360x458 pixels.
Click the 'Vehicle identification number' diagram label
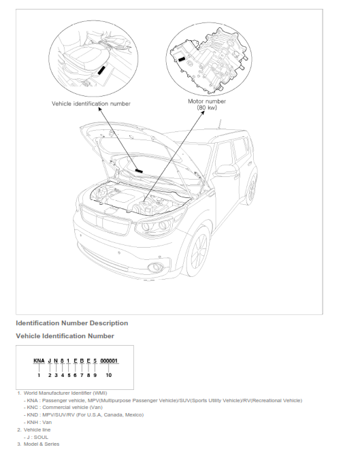(91, 103)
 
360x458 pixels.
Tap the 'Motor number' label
(207, 101)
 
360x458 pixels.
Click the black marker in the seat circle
(101, 70)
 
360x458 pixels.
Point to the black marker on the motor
(182, 59)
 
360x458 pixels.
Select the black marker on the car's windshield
(139, 171)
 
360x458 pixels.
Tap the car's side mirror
(225, 171)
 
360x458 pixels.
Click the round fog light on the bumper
(155, 267)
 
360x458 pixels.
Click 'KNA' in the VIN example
(39, 361)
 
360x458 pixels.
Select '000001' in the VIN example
(109, 361)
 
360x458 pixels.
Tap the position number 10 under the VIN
(108, 375)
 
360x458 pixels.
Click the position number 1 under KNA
(39, 375)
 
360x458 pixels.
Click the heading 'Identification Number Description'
(72, 323)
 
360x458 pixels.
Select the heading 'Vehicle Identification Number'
(65, 336)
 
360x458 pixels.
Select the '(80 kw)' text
(207, 108)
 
